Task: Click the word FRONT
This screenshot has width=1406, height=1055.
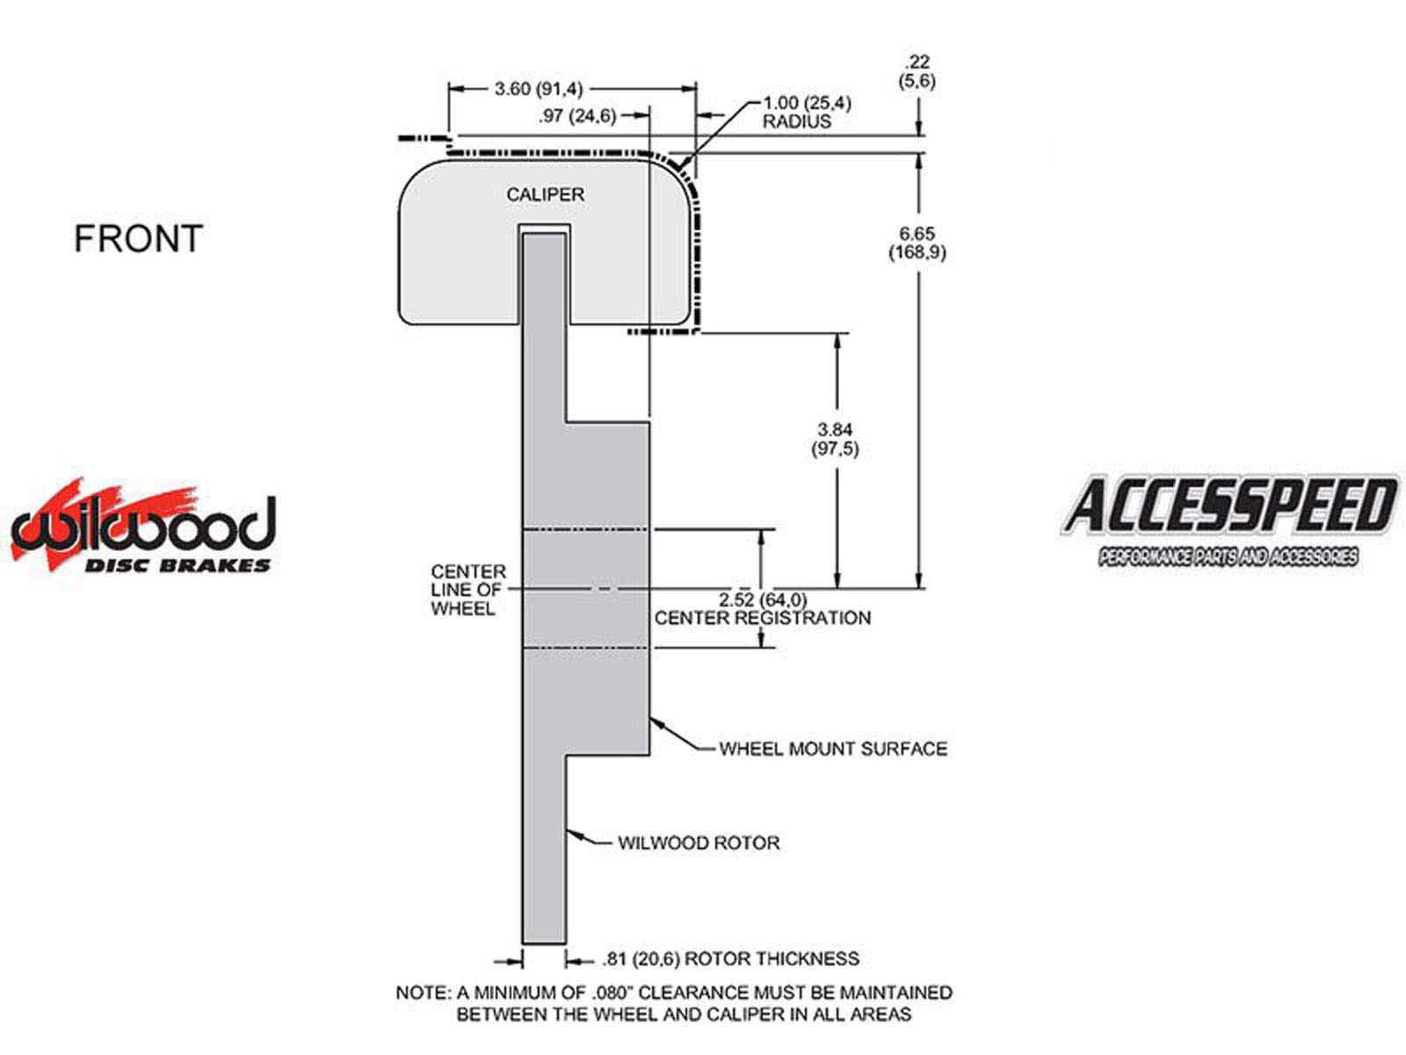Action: [138, 239]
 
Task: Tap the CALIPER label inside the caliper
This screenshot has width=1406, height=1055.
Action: [545, 194]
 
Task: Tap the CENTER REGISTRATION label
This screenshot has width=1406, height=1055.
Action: [763, 617]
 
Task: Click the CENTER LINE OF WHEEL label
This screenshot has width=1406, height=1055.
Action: [467, 590]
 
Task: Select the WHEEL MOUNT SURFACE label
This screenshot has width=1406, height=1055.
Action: [833, 749]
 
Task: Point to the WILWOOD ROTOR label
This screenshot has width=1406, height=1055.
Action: [699, 843]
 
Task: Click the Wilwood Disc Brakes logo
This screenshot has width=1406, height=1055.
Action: [143, 528]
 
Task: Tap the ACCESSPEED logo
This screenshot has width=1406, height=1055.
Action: [1228, 520]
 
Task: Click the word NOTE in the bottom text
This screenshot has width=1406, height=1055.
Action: [423, 993]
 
